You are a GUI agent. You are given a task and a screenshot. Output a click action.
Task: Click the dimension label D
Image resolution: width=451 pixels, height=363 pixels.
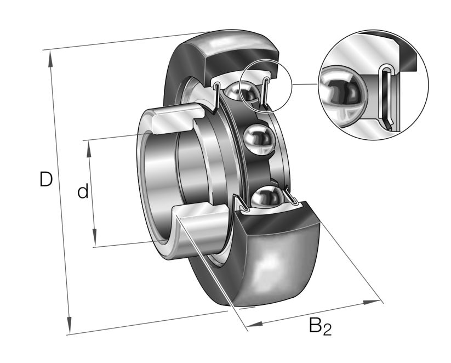click(x=46, y=179)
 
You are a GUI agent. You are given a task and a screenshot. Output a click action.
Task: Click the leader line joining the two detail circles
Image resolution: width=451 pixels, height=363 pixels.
click(x=305, y=84)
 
